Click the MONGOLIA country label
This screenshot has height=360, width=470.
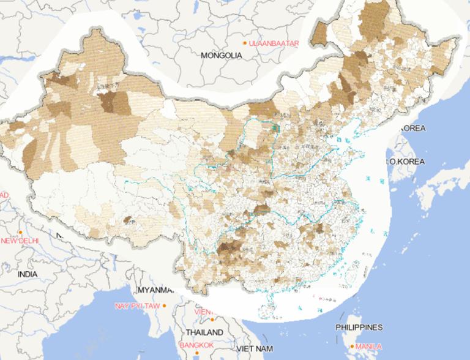coord(221,55)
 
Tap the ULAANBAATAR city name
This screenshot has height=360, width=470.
coord(274,43)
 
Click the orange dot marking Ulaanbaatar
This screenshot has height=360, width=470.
coord(245,43)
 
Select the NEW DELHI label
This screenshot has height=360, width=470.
coord(20,241)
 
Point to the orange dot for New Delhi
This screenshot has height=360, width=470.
coord(20,232)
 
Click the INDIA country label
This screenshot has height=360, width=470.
coord(27,274)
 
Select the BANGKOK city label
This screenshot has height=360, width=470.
coord(196,345)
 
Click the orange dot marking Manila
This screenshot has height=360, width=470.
coord(352,346)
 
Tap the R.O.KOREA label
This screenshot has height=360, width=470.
coord(405,162)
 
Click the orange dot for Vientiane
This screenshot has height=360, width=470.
coord(211,319)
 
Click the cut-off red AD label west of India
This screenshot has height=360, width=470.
coord(4,195)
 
